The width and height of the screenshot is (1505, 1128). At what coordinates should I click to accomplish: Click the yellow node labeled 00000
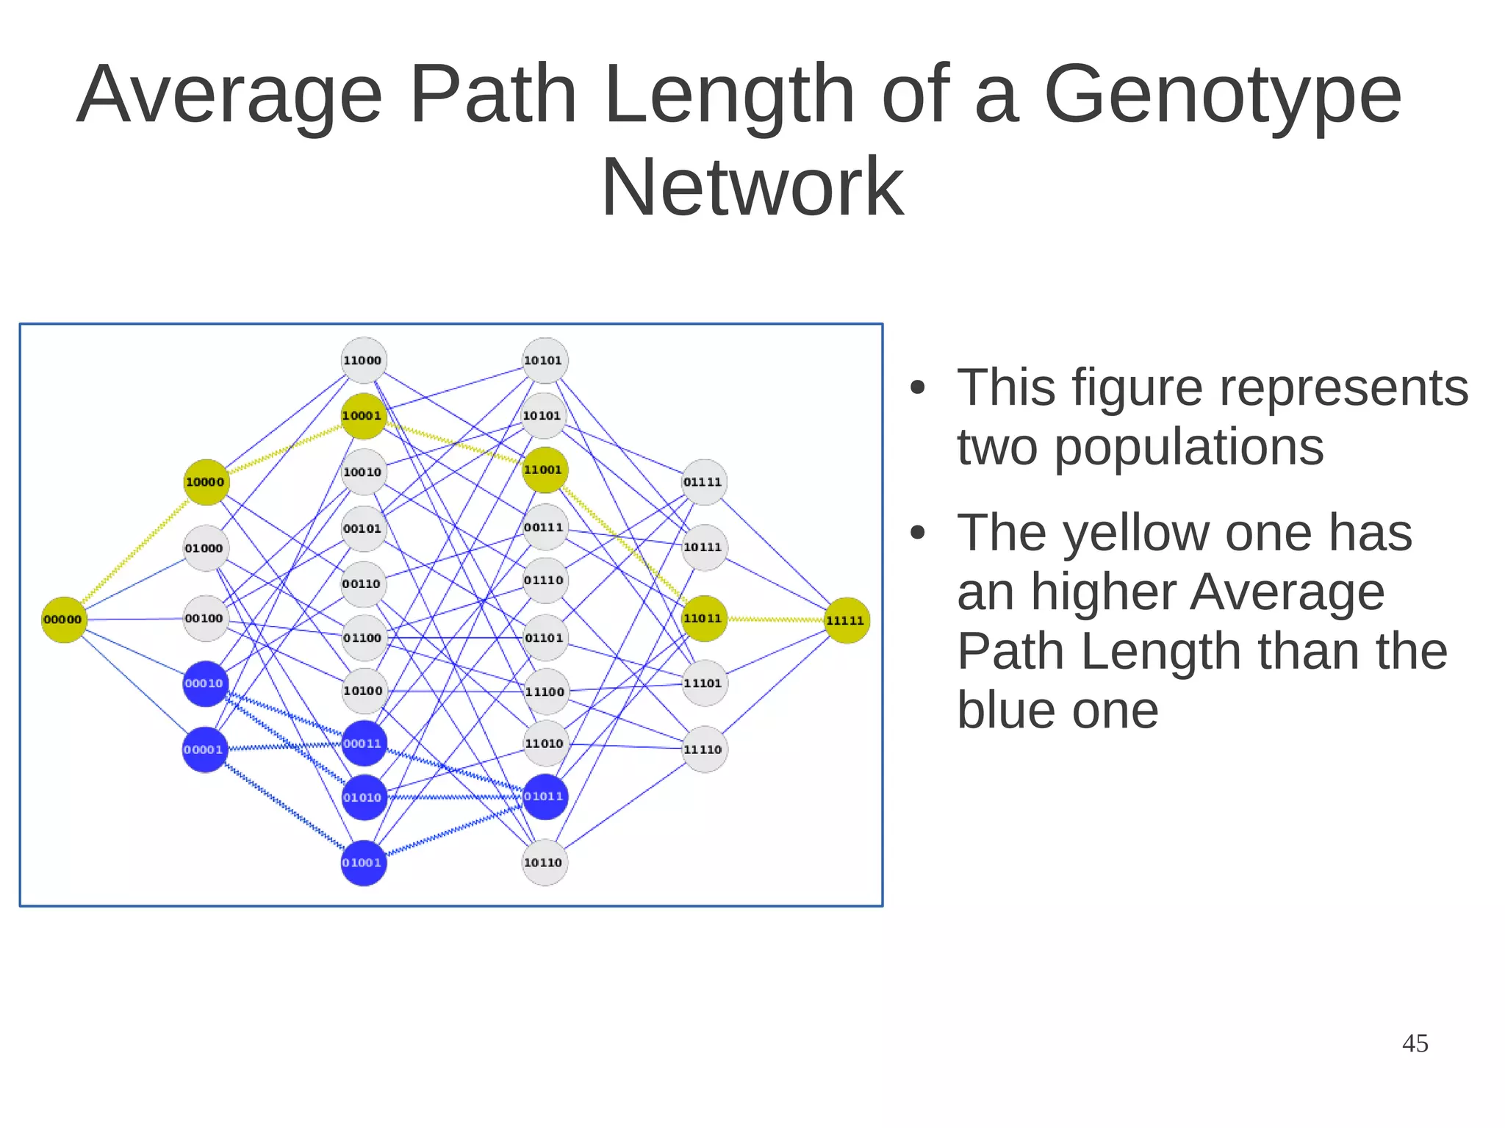[64, 619]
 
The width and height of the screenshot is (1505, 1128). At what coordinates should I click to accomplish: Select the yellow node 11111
[847, 620]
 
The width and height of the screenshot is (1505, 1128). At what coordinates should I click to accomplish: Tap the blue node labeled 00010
[205, 683]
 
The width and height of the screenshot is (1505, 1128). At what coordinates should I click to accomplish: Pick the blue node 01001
[363, 863]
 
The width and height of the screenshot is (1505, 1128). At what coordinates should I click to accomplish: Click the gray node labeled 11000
[364, 360]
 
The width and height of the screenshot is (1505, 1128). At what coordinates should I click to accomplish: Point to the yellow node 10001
[364, 416]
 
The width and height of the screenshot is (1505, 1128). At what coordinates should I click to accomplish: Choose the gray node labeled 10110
[545, 863]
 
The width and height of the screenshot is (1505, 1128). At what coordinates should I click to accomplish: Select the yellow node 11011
[704, 619]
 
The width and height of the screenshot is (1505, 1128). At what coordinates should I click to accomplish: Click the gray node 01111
[704, 482]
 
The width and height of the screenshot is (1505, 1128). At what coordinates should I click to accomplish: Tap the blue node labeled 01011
[545, 797]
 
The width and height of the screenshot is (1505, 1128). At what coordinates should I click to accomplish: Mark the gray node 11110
[704, 750]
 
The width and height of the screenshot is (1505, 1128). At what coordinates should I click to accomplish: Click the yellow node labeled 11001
[545, 470]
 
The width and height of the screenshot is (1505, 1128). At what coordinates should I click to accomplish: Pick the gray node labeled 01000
[205, 548]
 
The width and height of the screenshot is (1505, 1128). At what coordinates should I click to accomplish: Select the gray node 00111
[545, 528]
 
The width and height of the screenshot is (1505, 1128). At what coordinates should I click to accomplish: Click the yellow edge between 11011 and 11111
[775, 619]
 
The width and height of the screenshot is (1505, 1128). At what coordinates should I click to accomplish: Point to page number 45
[1415, 1043]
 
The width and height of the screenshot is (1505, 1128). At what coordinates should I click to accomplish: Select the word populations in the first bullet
[1189, 447]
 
